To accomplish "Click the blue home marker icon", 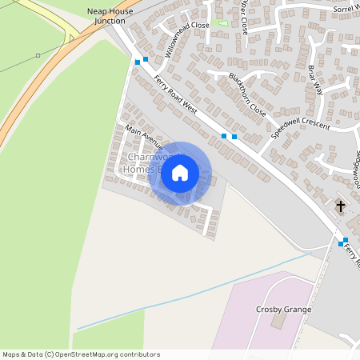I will point(180,173).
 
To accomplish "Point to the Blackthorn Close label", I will point(246,95).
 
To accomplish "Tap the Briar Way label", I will point(315,80).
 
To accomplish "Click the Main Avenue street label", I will point(143,137).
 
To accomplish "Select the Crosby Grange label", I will point(283,310).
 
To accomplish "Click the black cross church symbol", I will point(340,206).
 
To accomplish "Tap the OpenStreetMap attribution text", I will point(81,354).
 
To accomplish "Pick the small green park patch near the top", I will point(223,22).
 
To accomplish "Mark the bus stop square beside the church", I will point(344,241).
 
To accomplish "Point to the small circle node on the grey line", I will point(38,55).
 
